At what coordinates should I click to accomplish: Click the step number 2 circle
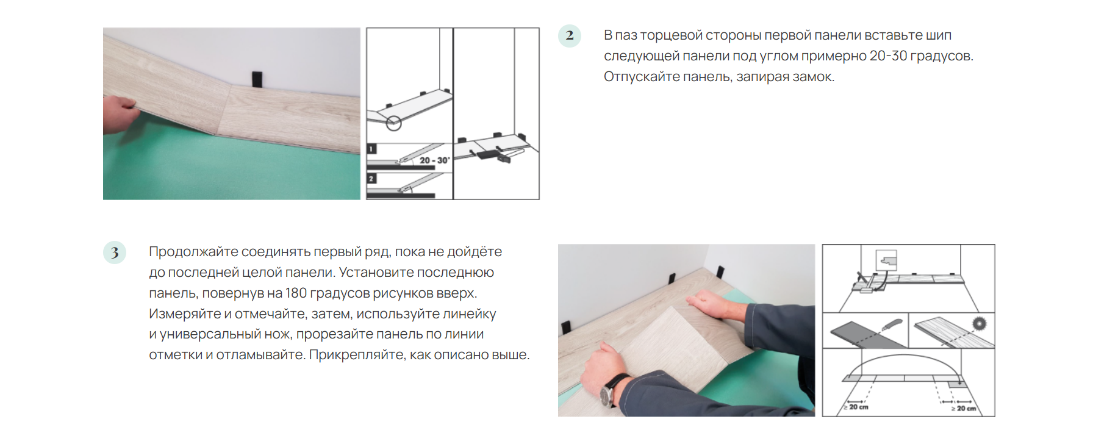point(570,35)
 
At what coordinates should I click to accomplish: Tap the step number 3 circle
point(115,252)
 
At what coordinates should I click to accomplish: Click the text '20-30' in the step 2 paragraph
point(888,56)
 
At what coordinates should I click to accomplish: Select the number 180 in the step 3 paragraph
point(296,293)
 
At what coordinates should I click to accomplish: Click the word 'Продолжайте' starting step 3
point(193,252)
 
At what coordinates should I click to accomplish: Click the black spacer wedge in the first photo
point(257,79)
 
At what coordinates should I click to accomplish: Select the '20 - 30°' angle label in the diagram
point(434,160)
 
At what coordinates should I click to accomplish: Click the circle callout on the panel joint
point(394,123)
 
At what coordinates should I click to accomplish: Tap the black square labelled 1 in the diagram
point(372,149)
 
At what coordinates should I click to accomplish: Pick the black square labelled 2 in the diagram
point(372,179)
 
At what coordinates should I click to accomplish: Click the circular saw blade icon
point(979,323)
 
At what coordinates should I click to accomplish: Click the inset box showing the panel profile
point(887,260)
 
